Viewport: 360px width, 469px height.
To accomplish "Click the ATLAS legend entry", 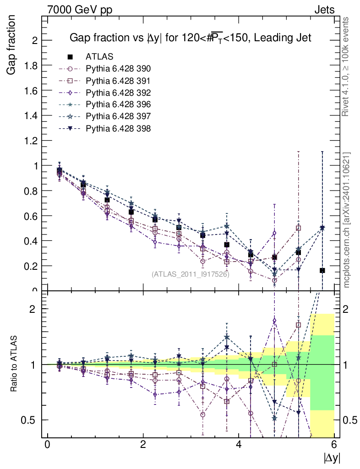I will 99,57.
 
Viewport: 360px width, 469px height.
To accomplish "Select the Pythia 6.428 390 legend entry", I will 118,69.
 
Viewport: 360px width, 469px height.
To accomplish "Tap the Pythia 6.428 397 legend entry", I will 118,116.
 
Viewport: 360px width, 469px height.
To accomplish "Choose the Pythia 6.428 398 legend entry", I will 118,128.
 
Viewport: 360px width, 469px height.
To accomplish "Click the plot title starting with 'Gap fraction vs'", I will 190,38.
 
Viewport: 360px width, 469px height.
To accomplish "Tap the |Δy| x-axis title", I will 332,457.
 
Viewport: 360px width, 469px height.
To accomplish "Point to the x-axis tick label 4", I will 239,445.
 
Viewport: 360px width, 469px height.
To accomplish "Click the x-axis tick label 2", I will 143,445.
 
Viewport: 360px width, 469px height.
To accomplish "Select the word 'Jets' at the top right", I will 324,10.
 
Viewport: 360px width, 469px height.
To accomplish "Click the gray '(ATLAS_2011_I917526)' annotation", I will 190,274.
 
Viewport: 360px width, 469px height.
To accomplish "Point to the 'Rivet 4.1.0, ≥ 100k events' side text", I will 346,67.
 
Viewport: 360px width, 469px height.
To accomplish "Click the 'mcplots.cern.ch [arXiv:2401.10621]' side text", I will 347,219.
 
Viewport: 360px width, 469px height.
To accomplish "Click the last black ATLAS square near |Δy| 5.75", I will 322,271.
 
